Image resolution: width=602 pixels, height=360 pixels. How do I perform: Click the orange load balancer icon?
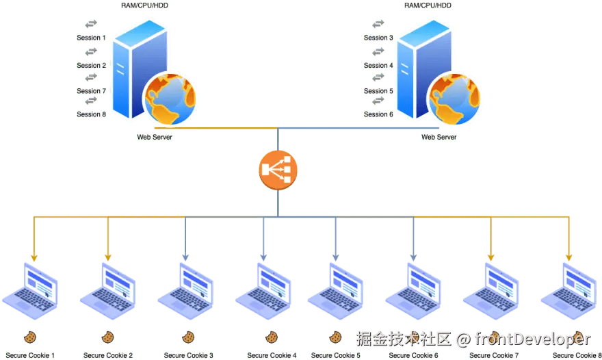[279, 169]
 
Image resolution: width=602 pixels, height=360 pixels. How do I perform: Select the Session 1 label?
[92, 38]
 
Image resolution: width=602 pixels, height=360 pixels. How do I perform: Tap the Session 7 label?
[92, 90]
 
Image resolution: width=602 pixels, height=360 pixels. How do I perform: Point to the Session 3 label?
[378, 38]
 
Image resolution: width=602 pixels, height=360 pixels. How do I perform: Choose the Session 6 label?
[378, 114]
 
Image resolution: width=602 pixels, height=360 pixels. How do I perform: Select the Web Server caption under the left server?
[155, 137]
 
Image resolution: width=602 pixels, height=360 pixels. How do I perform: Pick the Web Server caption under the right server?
[439, 137]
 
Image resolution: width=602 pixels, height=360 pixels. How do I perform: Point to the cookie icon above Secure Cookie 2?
[107, 337]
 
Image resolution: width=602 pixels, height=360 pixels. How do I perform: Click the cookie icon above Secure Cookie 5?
[335, 337]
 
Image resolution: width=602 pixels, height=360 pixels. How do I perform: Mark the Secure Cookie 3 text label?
[189, 355]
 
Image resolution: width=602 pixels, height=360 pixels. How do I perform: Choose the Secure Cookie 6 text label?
[413, 355]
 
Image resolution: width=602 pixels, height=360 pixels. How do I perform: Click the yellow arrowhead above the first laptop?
[34, 257]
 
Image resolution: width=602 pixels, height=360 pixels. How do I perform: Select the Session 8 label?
[92, 114]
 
